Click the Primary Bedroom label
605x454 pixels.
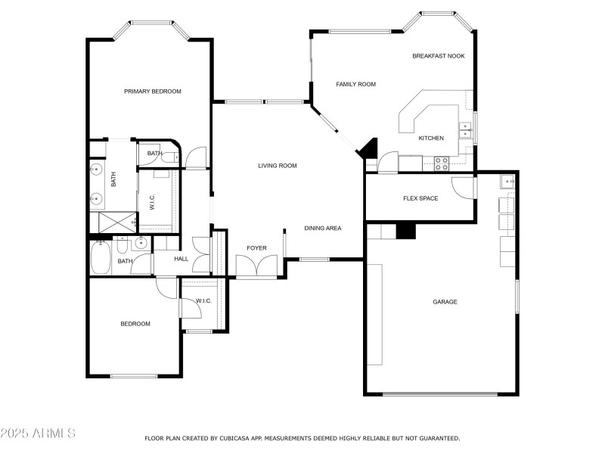[153, 92]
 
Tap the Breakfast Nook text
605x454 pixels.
[439, 56]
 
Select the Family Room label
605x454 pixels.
[355, 84]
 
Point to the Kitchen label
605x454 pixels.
[431, 138]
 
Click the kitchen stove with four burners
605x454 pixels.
[442, 161]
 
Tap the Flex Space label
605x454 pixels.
[420, 199]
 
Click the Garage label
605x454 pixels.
[445, 302]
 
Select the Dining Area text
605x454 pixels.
[323, 228]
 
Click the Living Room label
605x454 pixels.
[277, 166]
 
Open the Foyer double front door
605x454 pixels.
[256, 267]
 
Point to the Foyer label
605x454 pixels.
[256, 248]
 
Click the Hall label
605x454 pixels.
[181, 259]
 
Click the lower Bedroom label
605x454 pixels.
[135, 324]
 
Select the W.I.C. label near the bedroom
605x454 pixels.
[203, 301]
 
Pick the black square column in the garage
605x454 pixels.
[406, 231]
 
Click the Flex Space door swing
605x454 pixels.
[463, 188]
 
